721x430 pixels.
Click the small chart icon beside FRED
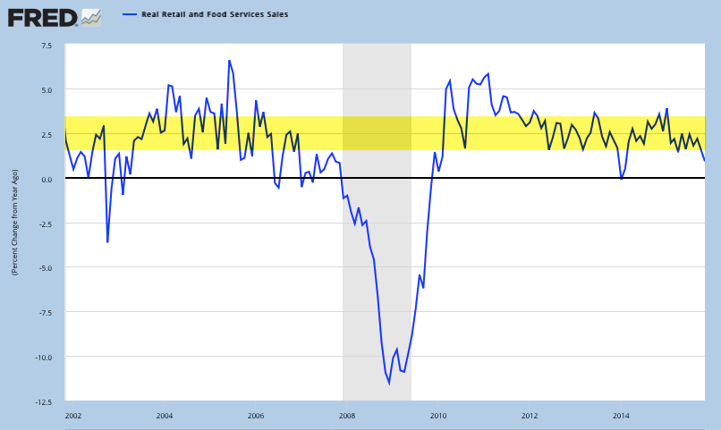click(x=90, y=16)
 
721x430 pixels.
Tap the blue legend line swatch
click(x=129, y=15)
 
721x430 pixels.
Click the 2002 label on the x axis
click(x=73, y=417)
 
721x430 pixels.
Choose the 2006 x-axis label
click(x=256, y=417)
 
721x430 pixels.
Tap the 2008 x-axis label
click(x=347, y=417)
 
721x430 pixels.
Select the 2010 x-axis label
click(x=438, y=417)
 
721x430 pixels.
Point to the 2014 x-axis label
click(x=621, y=417)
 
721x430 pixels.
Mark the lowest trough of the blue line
click(x=389, y=383)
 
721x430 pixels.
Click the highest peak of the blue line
click(x=229, y=61)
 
